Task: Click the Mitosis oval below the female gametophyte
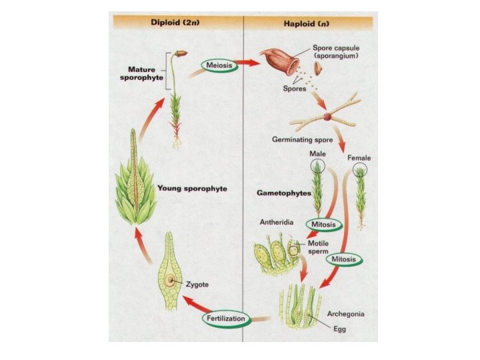click(346, 259)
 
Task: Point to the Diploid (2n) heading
click(176, 21)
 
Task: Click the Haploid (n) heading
click(308, 21)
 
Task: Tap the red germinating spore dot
click(327, 118)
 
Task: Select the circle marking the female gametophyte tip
click(360, 171)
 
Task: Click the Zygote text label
click(198, 285)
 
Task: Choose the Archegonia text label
click(346, 312)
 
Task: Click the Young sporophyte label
click(192, 189)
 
